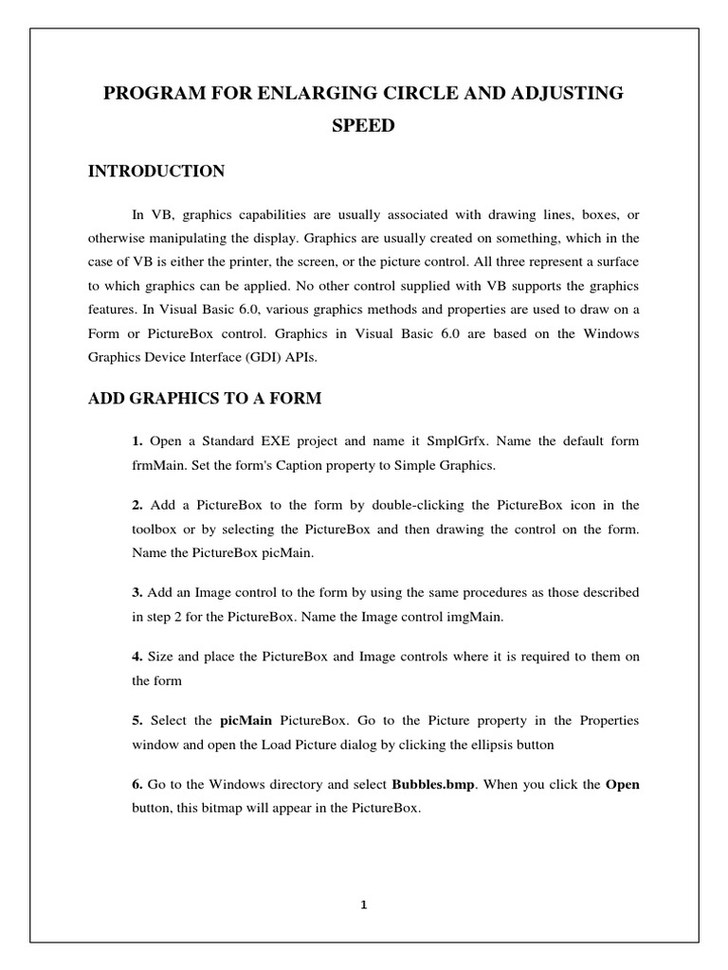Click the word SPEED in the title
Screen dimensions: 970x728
[364, 126]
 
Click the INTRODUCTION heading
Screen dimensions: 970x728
[156, 171]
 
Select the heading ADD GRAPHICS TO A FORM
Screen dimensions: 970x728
[205, 399]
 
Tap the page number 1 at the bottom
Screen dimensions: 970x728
[364, 904]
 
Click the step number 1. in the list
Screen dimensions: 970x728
[137, 441]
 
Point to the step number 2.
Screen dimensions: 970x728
[137, 504]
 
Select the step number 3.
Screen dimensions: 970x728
[137, 592]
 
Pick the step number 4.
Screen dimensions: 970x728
[137, 656]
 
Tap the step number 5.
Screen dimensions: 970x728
[137, 721]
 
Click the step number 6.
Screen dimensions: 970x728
[137, 785]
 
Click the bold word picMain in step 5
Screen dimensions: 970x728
[246, 721]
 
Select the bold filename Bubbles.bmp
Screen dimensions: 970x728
[434, 785]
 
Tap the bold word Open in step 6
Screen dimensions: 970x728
[622, 785]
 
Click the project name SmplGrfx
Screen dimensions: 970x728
[458, 441]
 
